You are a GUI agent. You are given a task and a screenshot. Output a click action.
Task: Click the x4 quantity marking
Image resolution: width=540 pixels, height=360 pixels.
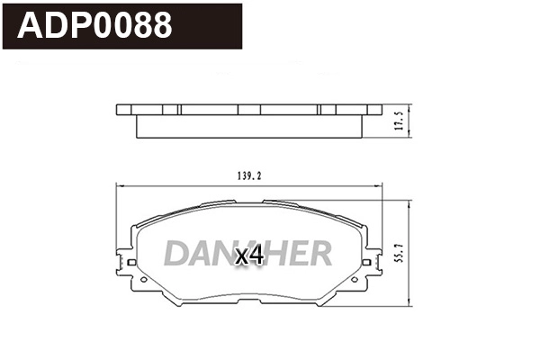[x=248, y=256]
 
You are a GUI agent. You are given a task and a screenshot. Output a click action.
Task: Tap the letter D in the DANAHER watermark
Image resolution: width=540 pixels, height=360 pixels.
[x=175, y=255]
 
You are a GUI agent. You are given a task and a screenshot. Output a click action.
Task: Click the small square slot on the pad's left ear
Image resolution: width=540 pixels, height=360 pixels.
[x=132, y=263]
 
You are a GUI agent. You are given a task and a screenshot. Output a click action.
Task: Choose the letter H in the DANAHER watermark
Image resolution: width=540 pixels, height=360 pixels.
[x=273, y=255]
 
